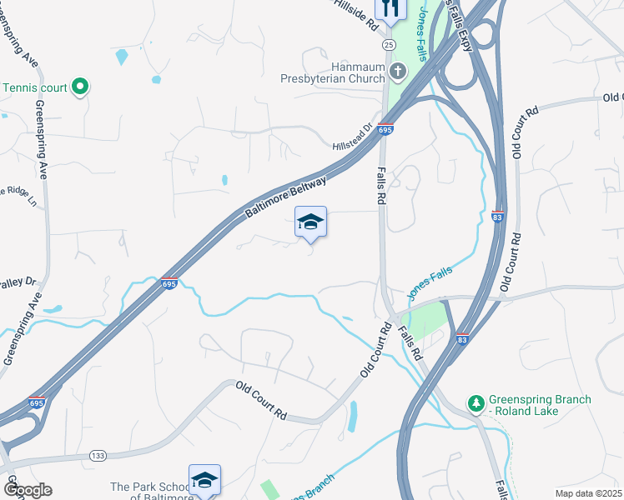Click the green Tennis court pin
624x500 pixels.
coord(80,86)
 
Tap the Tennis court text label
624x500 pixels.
coord(35,87)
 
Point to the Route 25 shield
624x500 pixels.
coord(389,42)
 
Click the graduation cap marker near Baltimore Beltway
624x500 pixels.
coord(310,222)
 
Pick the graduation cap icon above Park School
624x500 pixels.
coord(204,480)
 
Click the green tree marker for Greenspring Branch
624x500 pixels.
coord(476,403)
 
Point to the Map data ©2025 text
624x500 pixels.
coord(587,493)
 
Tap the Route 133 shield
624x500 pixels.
coord(97,455)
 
